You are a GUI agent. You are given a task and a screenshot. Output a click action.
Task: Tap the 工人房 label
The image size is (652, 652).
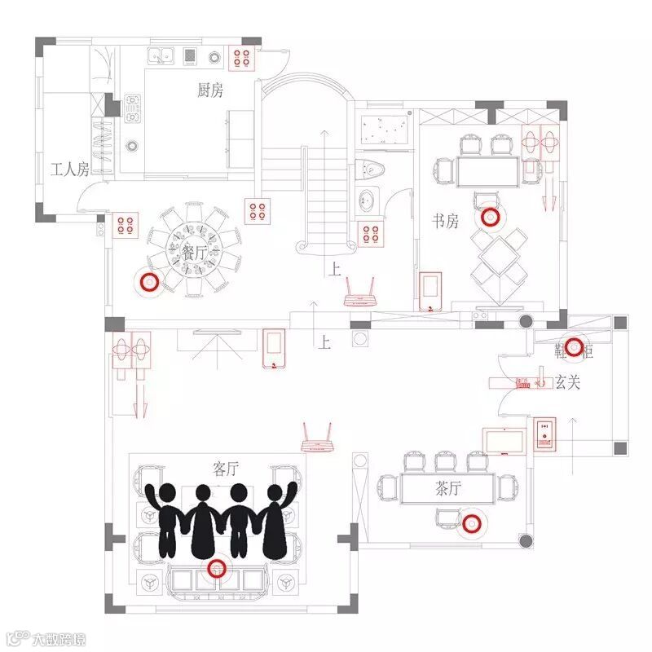(69, 170)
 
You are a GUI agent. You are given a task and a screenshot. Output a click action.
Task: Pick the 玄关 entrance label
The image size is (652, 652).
(567, 381)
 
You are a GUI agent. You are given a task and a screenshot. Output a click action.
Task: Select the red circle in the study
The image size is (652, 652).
(489, 217)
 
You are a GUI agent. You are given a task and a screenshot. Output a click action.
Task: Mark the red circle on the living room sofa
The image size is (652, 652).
(216, 569)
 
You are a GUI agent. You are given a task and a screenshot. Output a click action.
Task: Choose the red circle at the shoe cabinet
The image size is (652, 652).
(575, 347)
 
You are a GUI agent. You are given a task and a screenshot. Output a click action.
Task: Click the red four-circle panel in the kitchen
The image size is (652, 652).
(242, 57)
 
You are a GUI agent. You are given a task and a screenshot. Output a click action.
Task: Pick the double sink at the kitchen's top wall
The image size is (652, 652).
(161, 56)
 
